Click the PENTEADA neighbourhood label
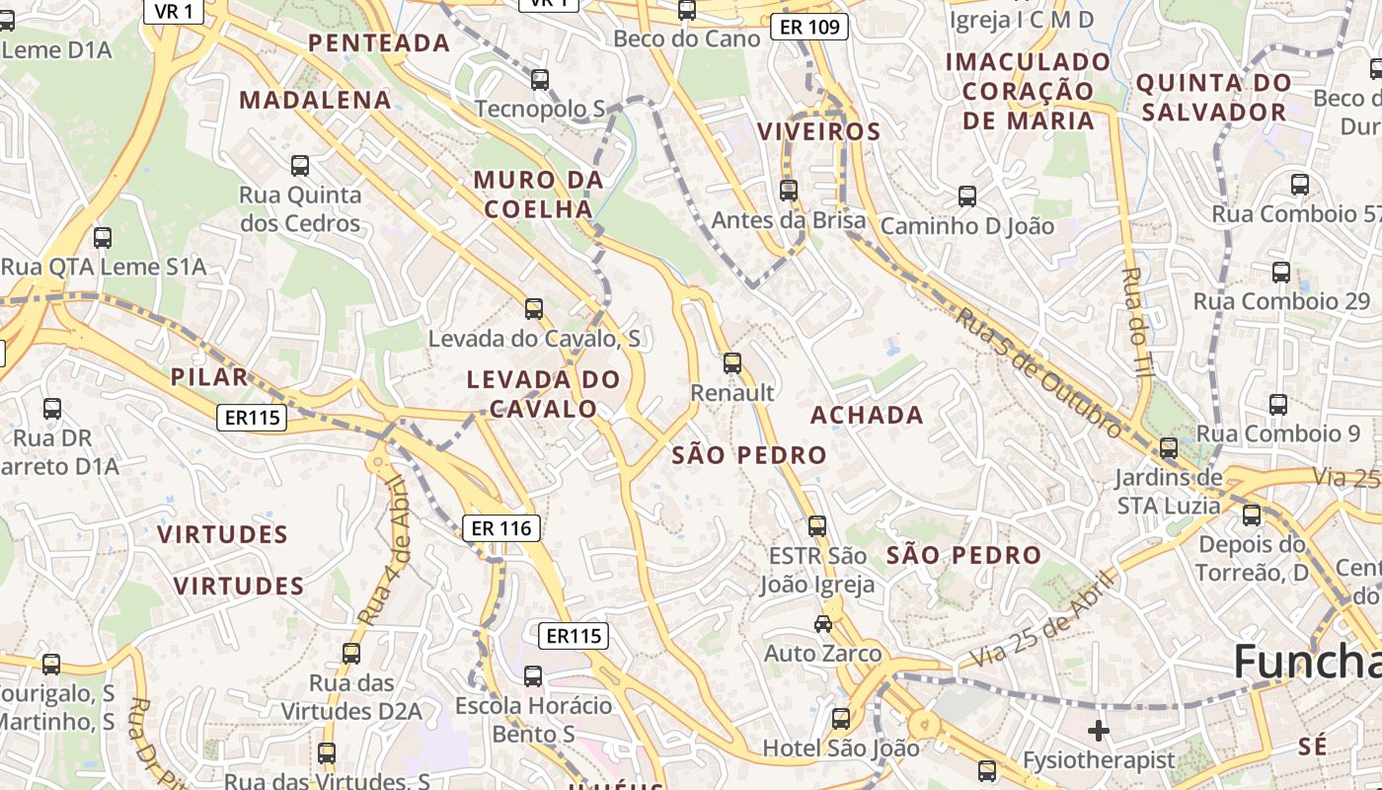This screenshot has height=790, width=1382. pyautogui.click(x=379, y=43)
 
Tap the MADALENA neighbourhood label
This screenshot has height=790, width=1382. pyautogui.click(x=316, y=100)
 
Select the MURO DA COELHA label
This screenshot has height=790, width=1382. pyautogui.click(x=538, y=195)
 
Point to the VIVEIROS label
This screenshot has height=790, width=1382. pyautogui.click(x=818, y=131)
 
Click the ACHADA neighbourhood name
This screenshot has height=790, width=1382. pyautogui.click(x=867, y=415)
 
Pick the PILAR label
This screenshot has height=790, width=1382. pyautogui.click(x=209, y=377)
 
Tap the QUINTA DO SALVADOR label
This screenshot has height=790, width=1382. pyautogui.click(x=1213, y=97)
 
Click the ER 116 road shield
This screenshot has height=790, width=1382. pyautogui.click(x=501, y=528)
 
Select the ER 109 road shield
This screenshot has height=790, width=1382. pyautogui.click(x=809, y=27)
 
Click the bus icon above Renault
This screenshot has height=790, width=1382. pyautogui.click(x=731, y=363)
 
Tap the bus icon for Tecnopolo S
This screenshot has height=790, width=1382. pyautogui.click(x=540, y=80)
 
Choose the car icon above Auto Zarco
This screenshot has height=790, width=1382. pyautogui.click(x=822, y=623)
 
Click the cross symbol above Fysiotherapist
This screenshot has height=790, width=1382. pyautogui.click(x=1098, y=731)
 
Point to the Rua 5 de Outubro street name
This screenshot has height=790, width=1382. pyautogui.click(x=1038, y=371)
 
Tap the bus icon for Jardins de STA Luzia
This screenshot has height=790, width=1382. pyautogui.click(x=1169, y=448)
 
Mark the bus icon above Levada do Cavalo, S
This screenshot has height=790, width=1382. pyautogui.click(x=534, y=309)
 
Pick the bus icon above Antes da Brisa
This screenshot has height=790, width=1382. pyautogui.click(x=788, y=190)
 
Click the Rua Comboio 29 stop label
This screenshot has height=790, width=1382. pyautogui.click(x=1281, y=301)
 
